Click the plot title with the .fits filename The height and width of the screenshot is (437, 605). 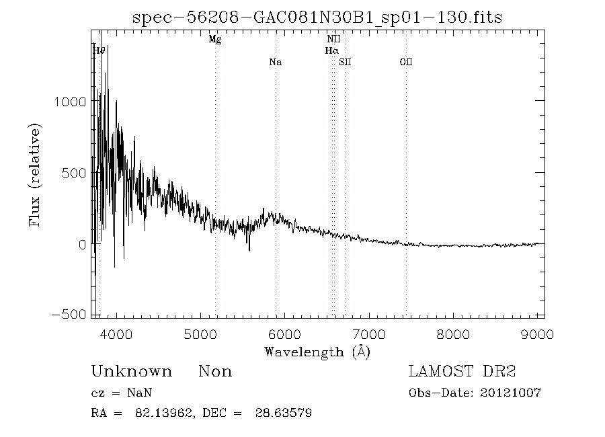[317, 17]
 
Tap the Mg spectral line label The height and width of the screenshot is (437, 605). [215, 40]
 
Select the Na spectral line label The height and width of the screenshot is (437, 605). [275, 63]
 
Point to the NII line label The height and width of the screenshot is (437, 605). [333, 40]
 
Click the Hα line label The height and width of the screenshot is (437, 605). [331, 50]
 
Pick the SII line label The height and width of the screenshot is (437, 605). [345, 63]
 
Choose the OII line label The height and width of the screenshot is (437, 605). [405, 63]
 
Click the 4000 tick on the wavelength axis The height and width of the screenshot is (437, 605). [116, 334]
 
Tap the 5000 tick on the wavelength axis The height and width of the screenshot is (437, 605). [200, 334]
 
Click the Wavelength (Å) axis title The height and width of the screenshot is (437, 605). [317, 352]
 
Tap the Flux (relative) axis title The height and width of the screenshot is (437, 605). [36, 173]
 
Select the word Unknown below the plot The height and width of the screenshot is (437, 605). [131, 372]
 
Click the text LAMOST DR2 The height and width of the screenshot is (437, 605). [462, 372]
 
